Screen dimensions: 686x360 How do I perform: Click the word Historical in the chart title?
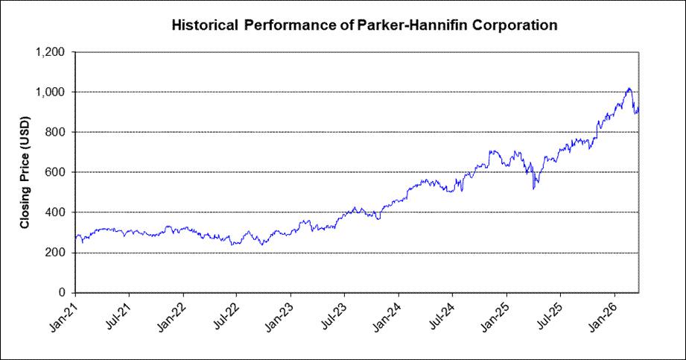pyautogui.click(x=205, y=25)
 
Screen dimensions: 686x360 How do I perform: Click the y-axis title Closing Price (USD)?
pyautogui.click(x=25, y=172)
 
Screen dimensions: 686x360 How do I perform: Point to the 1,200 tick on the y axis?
pyautogui.click(x=49, y=52)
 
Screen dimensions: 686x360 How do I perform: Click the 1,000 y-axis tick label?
pyautogui.click(x=49, y=92)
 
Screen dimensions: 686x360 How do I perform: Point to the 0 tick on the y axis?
pyautogui.click(x=61, y=293)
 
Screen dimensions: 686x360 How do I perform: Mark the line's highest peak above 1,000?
pyautogui.click(x=629, y=89)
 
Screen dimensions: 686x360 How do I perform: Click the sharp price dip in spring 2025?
pyautogui.click(x=533, y=189)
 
